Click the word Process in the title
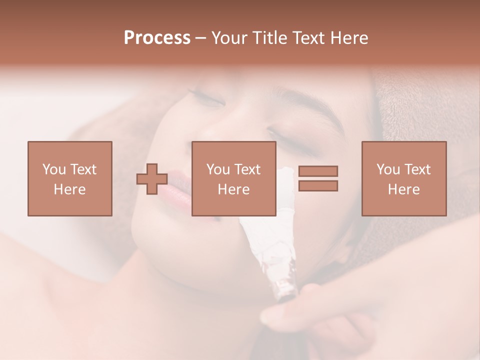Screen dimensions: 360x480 157,37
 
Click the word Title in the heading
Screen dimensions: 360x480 270,37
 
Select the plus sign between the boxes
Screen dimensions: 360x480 152,179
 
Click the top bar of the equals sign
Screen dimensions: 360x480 318,171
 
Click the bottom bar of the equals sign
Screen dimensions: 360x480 318,186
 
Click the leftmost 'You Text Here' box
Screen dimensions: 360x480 69,178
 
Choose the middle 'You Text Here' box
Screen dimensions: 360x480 233,178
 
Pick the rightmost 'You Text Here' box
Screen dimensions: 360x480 404,178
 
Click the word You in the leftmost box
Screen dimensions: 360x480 53,169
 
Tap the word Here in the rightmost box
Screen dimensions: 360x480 404,189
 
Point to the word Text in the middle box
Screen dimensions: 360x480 247,169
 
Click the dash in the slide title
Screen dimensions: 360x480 200,37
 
